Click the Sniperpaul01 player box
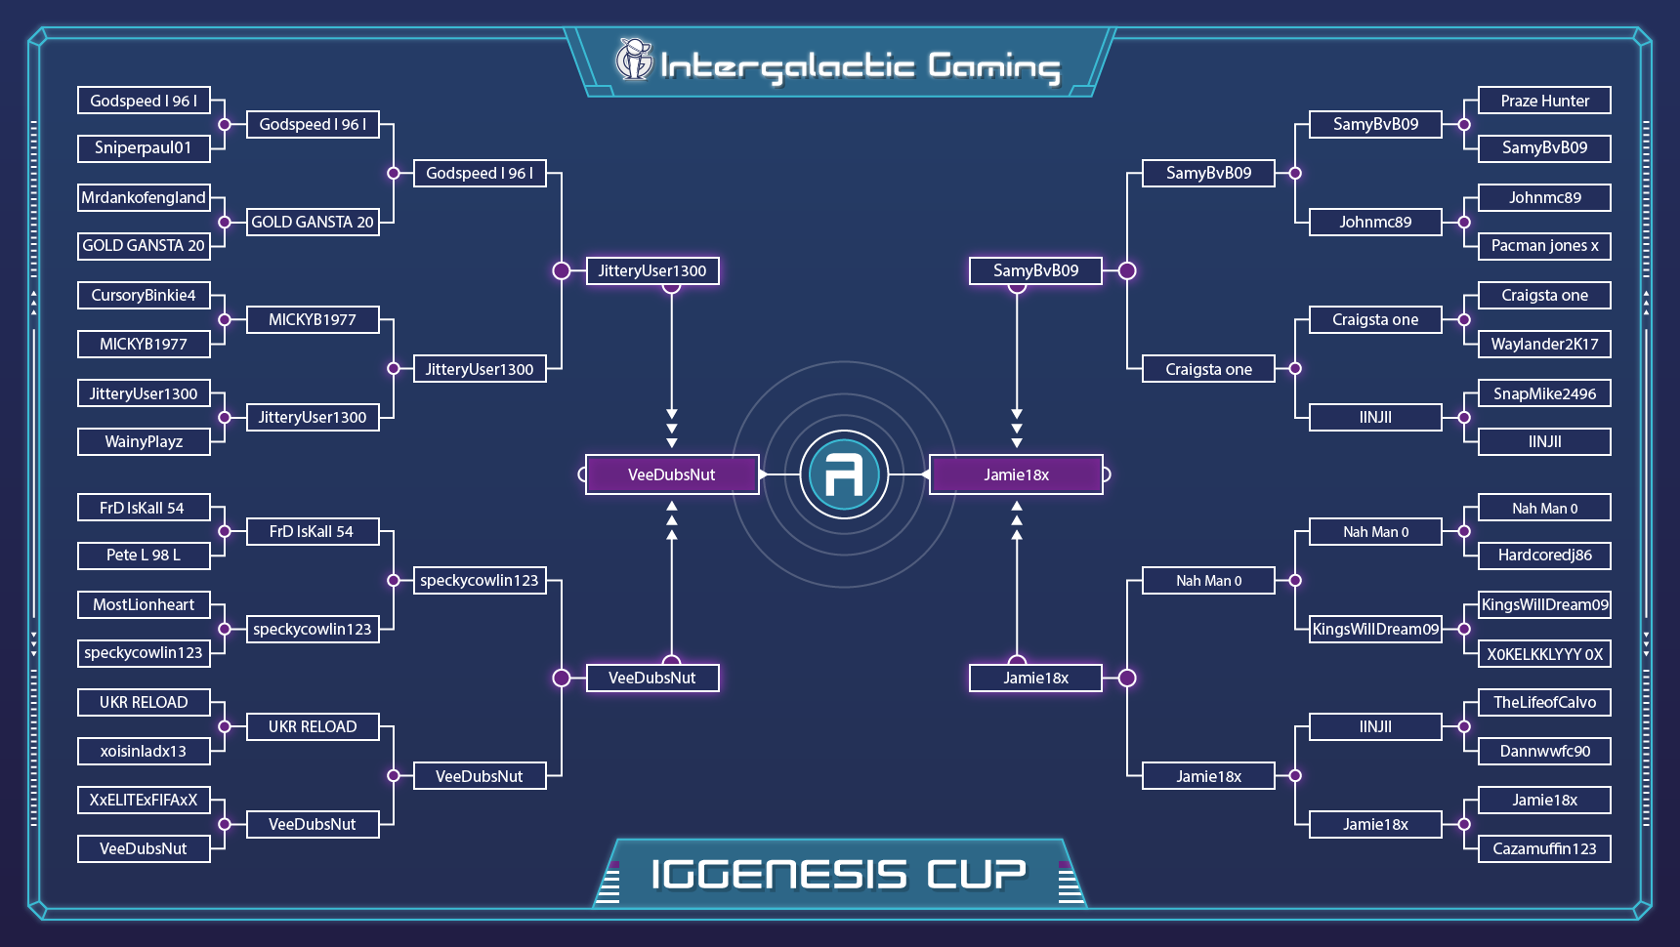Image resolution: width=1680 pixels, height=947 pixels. click(x=144, y=148)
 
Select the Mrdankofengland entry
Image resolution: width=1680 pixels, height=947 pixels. click(x=144, y=197)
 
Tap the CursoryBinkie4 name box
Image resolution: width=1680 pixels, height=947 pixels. click(x=144, y=295)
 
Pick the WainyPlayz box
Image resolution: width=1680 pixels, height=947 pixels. click(x=144, y=441)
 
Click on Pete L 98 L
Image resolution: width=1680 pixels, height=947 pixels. click(x=144, y=556)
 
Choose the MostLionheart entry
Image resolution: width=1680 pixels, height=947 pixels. click(x=144, y=604)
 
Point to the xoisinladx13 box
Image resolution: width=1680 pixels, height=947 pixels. click(x=144, y=751)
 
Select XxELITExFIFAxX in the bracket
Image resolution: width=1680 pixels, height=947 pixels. click(x=144, y=800)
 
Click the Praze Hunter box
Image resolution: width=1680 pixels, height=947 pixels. click(x=1544, y=101)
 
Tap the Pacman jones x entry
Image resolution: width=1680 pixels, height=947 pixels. click(x=1544, y=246)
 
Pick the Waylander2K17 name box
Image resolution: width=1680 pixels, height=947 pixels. click(x=1544, y=344)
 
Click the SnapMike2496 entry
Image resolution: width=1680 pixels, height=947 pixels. click(x=1544, y=393)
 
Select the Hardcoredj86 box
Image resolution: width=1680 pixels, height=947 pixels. click(x=1544, y=556)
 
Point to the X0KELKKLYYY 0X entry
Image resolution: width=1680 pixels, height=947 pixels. click(x=1544, y=654)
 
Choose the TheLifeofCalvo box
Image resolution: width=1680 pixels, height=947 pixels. click(x=1544, y=702)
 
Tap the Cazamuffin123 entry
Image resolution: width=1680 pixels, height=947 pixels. click(x=1544, y=848)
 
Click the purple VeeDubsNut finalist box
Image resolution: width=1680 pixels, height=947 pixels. click(x=672, y=474)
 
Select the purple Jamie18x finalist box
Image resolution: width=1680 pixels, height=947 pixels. click(x=1016, y=474)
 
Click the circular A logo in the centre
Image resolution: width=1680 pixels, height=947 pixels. click(x=844, y=474)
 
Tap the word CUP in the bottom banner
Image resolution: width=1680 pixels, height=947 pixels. click(x=976, y=874)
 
